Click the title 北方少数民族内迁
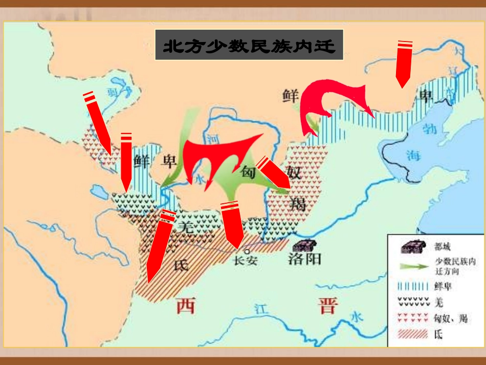point(249,47)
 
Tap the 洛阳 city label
point(305,259)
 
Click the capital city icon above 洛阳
point(304,245)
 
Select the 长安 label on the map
point(246,261)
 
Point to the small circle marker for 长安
point(247,251)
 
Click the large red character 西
point(186,306)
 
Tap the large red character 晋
point(327,306)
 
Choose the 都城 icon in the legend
point(413,246)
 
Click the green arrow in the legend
point(414,267)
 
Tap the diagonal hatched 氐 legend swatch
point(413,335)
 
